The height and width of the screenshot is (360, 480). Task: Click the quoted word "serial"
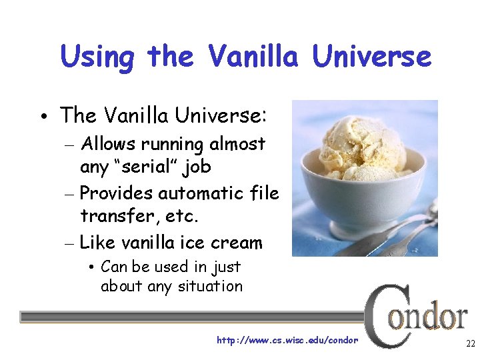click(144, 167)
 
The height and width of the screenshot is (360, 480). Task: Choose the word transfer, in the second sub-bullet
click(114, 216)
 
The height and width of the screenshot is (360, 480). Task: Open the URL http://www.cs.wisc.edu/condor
click(287, 340)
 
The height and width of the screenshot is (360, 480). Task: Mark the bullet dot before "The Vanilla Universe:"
click(43, 117)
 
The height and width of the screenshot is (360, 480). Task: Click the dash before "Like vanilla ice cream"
click(69, 243)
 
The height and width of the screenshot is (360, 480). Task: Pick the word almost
click(238, 144)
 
